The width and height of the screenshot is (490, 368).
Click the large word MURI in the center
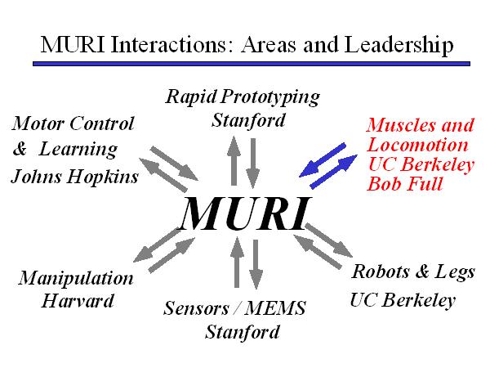tap(245, 213)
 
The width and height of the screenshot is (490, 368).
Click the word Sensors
tap(195, 310)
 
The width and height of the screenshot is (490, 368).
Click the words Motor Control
tap(73, 125)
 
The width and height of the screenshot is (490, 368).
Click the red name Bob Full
tap(405, 184)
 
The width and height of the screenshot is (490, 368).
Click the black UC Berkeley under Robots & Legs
tap(402, 299)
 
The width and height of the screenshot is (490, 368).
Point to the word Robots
tap(381, 272)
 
